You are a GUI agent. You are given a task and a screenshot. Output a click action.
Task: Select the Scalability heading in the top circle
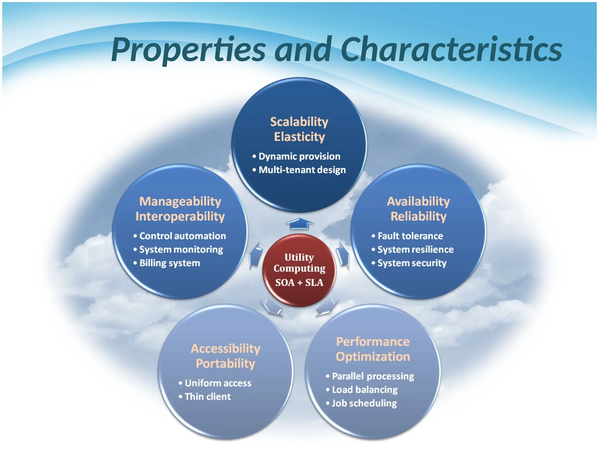[299, 122]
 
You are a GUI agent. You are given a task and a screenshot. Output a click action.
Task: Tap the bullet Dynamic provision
[299, 156]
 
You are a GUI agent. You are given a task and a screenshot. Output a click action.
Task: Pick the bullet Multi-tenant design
[302, 170]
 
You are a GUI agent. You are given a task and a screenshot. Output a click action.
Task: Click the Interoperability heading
[180, 217]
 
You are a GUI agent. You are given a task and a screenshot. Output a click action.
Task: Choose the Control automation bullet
[182, 236]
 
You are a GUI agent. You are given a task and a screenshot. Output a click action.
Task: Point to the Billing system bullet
[169, 263]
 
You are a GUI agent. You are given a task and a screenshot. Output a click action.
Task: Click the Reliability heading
[419, 217]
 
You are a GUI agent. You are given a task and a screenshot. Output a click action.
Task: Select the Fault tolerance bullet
[410, 236]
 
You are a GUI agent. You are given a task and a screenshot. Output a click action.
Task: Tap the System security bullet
[412, 263]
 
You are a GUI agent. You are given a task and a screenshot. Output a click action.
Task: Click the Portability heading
[226, 364]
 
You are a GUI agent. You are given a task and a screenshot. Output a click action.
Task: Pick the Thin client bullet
[207, 397]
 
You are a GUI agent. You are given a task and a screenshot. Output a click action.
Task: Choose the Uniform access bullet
[218, 383]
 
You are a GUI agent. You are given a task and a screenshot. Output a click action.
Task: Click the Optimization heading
[373, 357]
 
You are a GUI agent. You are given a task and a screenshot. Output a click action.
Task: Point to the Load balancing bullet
[365, 390]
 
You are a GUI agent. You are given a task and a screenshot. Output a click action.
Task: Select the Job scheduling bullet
[364, 403]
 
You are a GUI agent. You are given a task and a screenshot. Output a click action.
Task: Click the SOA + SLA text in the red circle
[299, 283]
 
